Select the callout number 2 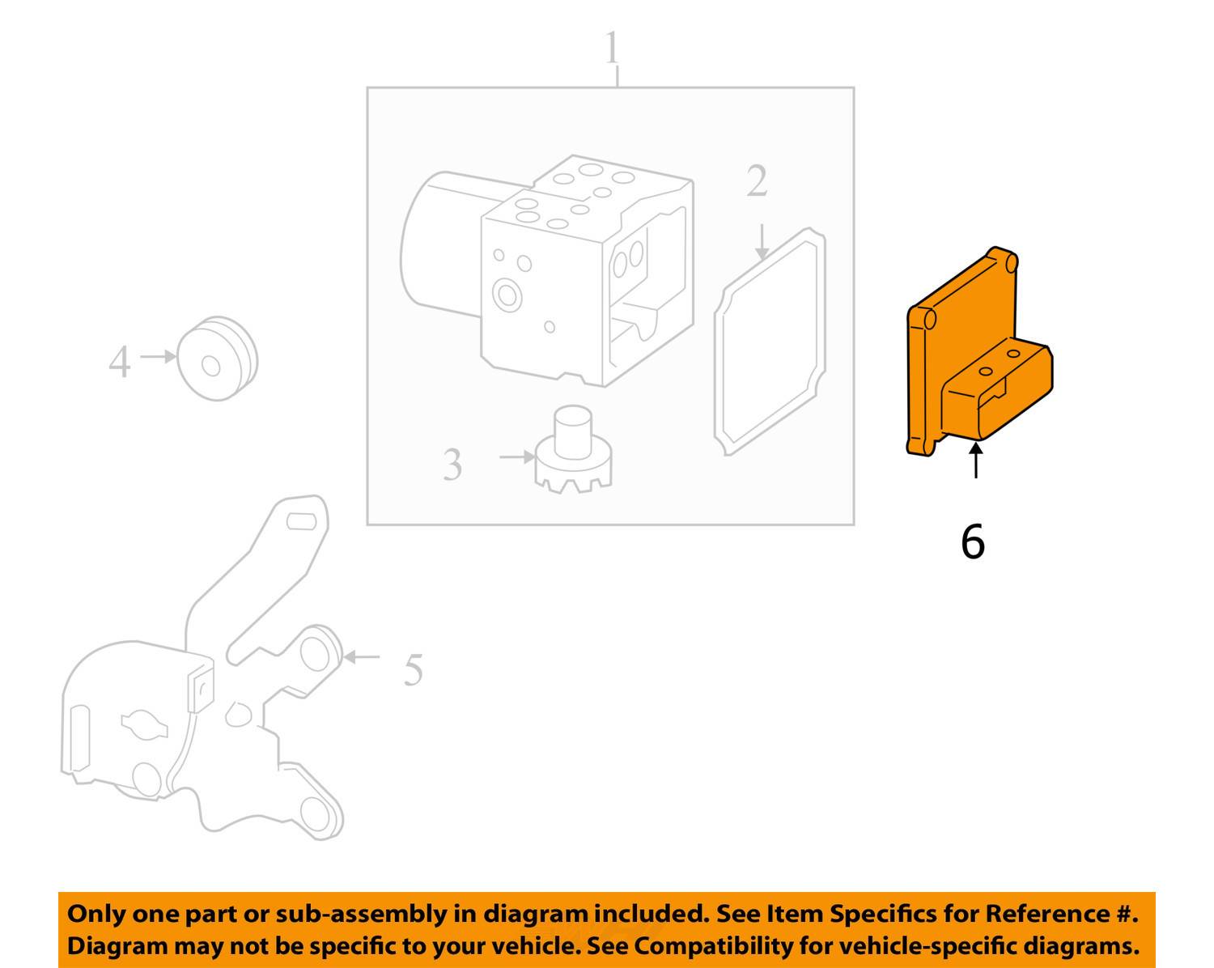pyautogui.click(x=756, y=181)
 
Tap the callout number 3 pyautogui.click(x=452, y=465)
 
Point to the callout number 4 pyautogui.click(x=119, y=362)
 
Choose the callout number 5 pyautogui.click(x=413, y=670)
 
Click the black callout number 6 pyautogui.click(x=972, y=541)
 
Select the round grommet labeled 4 pyautogui.click(x=215, y=359)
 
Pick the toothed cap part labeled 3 pyautogui.click(x=573, y=457)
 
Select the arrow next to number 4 pyautogui.click(x=157, y=356)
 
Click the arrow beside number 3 pyautogui.click(x=516, y=457)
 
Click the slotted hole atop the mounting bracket pyautogui.click(x=302, y=521)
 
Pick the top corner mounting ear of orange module pyautogui.click(x=1008, y=263)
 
